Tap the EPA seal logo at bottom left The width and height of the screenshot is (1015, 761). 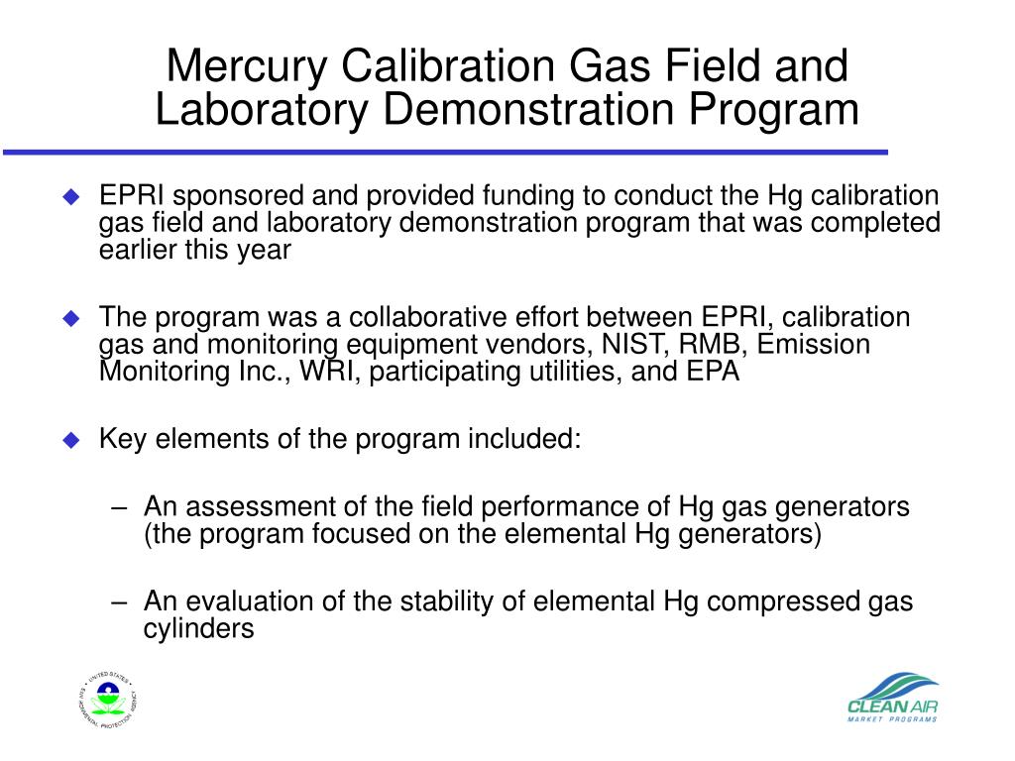(108, 700)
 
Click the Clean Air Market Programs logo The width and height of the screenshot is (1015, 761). (892, 699)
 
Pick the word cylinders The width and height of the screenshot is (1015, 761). (199, 628)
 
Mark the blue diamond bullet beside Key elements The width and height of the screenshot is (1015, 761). (70, 440)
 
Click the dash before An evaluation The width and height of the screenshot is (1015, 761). (121, 602)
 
